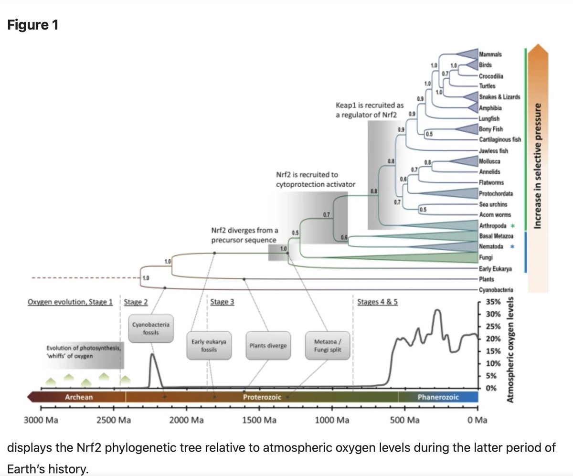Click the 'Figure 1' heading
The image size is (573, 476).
coord(33,24)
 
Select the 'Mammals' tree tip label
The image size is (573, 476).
coord(490,55)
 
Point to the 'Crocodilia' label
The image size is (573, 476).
coord(491,76)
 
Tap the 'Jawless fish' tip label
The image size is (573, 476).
coord(493,151)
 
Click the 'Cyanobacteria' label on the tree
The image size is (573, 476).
coord(495,289)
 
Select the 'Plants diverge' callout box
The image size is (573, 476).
coord(268,345)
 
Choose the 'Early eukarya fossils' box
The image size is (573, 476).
coord(208,345)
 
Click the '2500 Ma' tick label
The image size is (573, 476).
coord(113,420)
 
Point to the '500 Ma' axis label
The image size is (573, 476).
coord(404,420)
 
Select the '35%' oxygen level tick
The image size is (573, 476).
coord(492,302)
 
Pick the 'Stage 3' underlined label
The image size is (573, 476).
coord(222,302)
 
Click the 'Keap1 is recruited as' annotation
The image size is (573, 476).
coord(370,105)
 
